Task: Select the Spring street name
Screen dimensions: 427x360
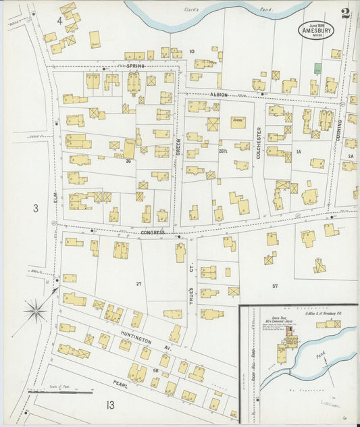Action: coord(136,66)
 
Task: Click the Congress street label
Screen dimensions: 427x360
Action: coord(153,232)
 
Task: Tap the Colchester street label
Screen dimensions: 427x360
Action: coord(258,142)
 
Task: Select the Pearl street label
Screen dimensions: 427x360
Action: coord(122,384)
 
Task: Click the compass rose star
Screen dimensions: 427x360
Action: coord(36,311)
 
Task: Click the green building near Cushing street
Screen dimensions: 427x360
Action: coord(317,69)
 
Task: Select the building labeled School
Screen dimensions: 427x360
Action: coord(237,122)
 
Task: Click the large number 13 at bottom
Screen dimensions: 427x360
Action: coord(109,405)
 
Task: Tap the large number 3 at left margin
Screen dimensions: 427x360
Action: coord(36,209)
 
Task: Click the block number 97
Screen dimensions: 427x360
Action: coord(275,286)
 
